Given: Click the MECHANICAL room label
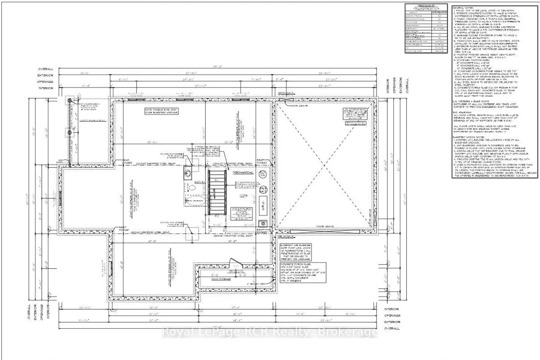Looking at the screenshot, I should click(243, 173).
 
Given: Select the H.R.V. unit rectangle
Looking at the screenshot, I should click(263, 203).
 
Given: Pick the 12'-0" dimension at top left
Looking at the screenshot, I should click(85, 73).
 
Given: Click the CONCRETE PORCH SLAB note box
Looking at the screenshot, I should click(302, 273).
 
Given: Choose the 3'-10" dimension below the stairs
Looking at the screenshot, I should click(218, 225).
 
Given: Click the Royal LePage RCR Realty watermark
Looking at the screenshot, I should click(270, 332).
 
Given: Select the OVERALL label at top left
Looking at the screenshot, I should click(46, 69).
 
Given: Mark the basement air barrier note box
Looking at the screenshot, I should click(295, 252).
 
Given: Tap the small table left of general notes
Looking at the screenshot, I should click(426, 29).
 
